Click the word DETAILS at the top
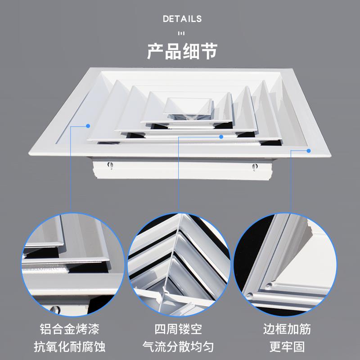tap(182, 19)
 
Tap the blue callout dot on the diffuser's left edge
tap(89, 126)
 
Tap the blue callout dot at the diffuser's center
tap(221, 136)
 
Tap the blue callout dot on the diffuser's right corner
tap(309, 151)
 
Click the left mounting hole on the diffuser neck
tap(109, 166)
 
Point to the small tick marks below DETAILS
tap(182, 33)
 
